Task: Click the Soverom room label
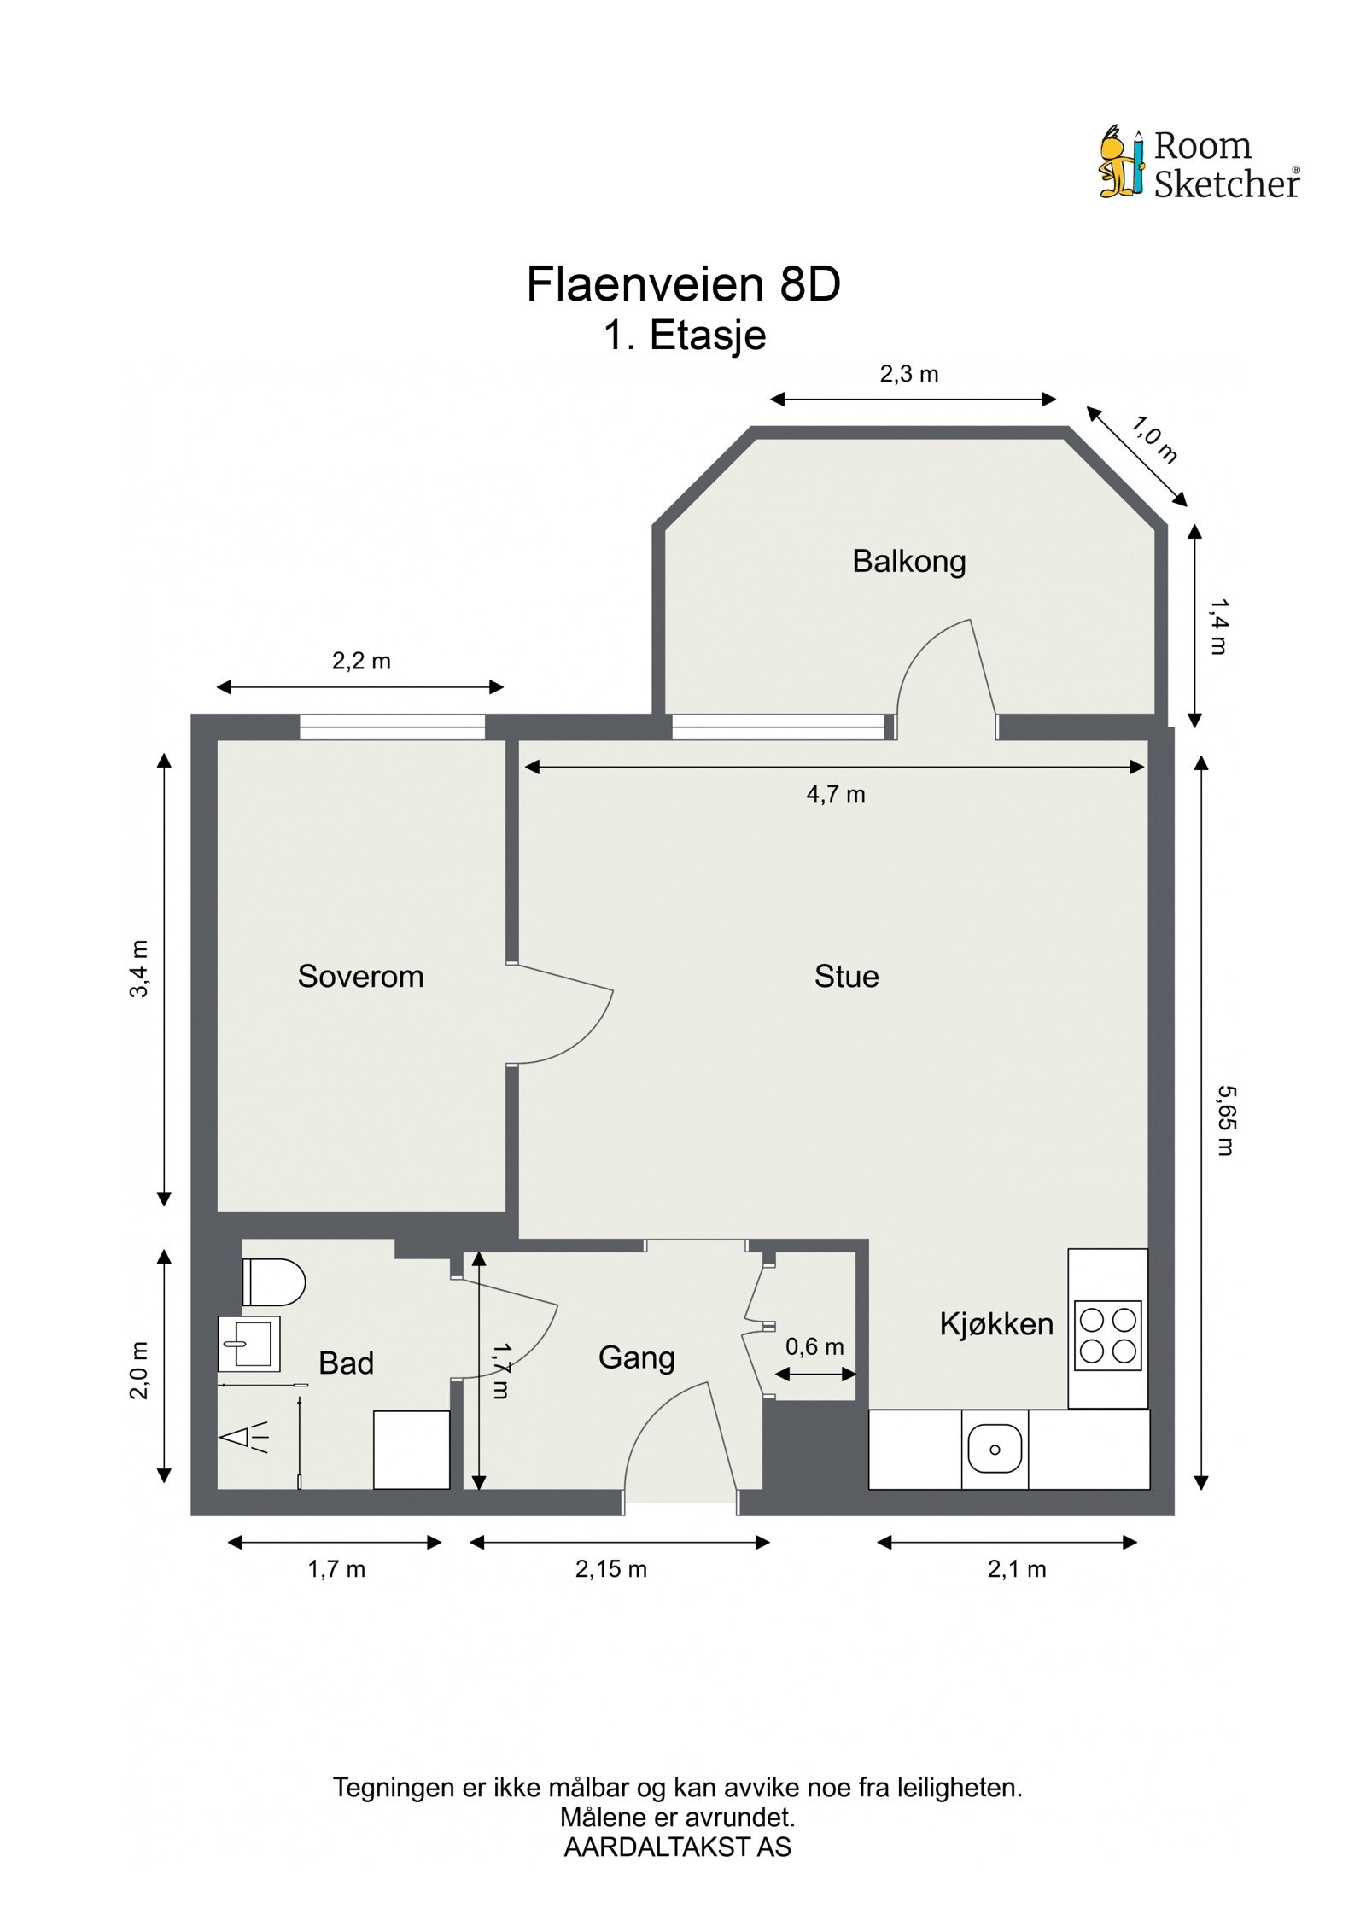tap(360, 976)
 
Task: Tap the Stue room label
tap(846, 976)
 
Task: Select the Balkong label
tap(909, 562)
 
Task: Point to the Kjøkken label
tap(996, 1324)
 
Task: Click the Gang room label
tap(637, 1358)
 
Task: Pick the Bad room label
tap(346, 1363)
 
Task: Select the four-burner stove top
tap(1108, 1336)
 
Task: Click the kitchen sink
tap(995, 1449)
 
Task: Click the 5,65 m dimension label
tap(1225, 1120)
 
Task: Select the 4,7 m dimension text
tap(836, 795)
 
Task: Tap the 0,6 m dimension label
tap(814, 1347)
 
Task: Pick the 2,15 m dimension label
tap(611, 1569)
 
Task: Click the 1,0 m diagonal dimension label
tap(1154, 440)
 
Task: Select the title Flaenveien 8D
tap(684, 284)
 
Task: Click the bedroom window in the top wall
tap(392, 727)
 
